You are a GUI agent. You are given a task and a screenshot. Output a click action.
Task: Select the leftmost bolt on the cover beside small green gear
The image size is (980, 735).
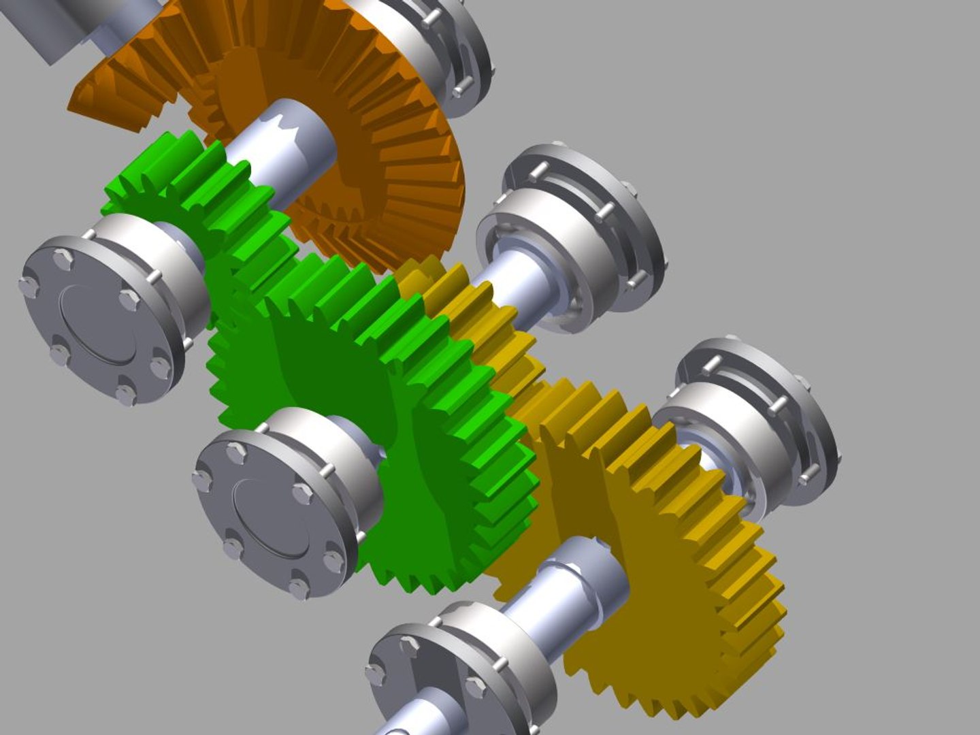coord(28,286)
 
